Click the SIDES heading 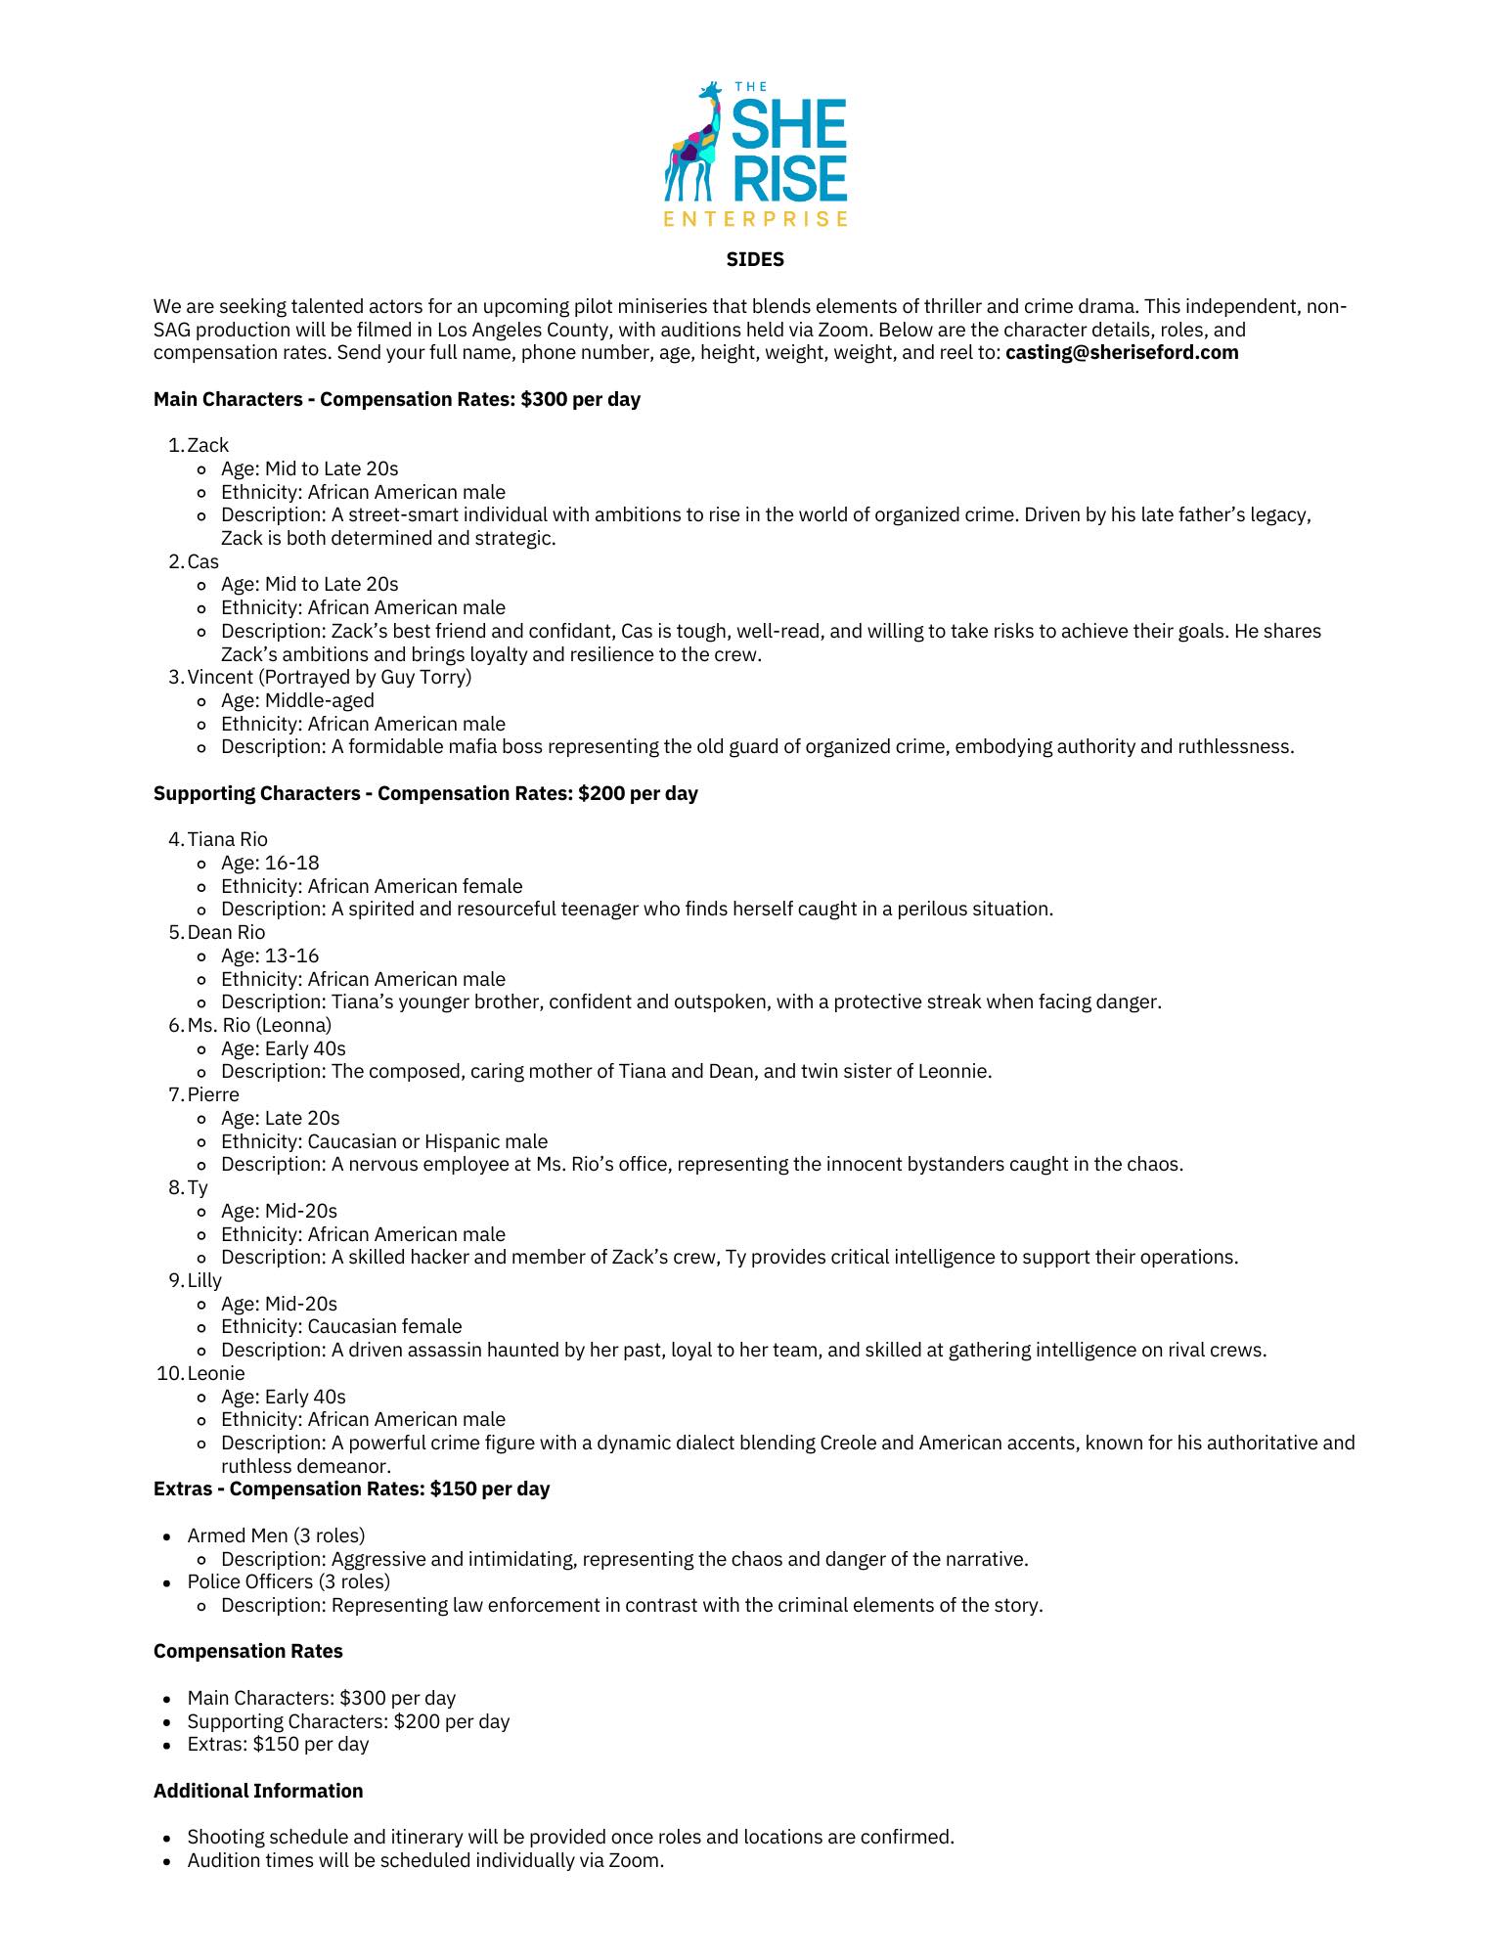pyautogui.click(x=755, y=259)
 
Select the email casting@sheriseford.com pyautogui.click(x=1122, y=353)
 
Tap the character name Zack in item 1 pyautogui.click(x=207, y=446)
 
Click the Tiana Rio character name pyautogui.click(x=227, y=839)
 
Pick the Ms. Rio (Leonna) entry pyautogui.click(x=259, y=1025)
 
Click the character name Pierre pyautogui.click(x=213, y=1094)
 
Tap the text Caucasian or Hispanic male pyautogui.click(x=427, y=1141)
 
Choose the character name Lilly pyautogui.click(x=204, y=1280)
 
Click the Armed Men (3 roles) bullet pyautogui.click(x=276, y=1535)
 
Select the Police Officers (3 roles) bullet pyautogui.click(x=289, y=1581)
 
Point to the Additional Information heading pyautogui.click(x=258, y=1791)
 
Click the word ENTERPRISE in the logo pyautogui.click(x=755, y=218)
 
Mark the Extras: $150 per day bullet pyautogui.click(x=278, y=1744)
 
